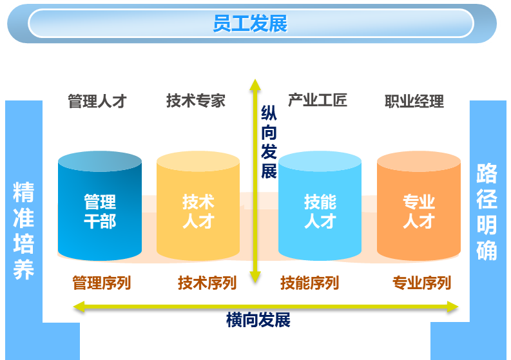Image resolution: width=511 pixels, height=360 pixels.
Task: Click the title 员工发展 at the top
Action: pyautogui.click(x=250, y=24)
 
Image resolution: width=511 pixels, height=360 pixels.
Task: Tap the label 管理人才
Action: pyautogui.click(x=97, y=101)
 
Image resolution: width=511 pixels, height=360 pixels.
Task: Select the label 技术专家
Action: pyautogui.click(x=196, y=100)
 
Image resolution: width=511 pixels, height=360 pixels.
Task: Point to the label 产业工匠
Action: pyautogui.click(x=317, y=100)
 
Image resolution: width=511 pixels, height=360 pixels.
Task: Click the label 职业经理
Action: pyautogui.click(x=414, y=101)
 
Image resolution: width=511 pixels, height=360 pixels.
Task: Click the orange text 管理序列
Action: pyautogui.click(x=101, y=283)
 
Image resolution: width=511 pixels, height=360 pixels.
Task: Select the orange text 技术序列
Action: pyautogui.click(x=207, y=283)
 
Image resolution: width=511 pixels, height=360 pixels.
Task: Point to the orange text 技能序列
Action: pyautogui.click(x=309, y=283)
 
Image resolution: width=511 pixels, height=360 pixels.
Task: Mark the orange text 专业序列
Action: pyautogui.click(x=421, y=283)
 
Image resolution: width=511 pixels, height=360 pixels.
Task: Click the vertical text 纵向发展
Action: pyautogui.click(x=269, y=143)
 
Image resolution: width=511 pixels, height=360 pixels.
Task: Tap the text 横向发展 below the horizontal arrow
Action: pyautogui.click(x=258, y=320)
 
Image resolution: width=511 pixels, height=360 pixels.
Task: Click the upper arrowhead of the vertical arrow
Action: pyautogui.click(x=256, y=84)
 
